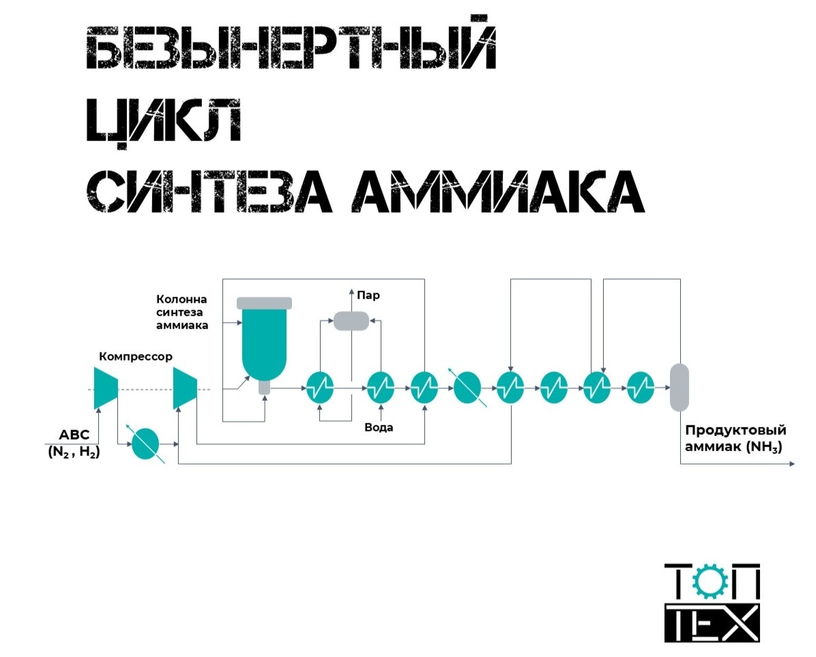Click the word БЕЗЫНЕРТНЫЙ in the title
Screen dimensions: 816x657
pos(291,48)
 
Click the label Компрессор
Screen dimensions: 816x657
pos(136,356)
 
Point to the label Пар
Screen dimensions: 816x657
pos(369,296)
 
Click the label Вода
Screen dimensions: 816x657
pos(379,427)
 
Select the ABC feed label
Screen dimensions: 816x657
pos(74,434)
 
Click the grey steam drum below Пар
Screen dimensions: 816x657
pos(351,320)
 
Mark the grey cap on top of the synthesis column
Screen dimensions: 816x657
pos(263,303)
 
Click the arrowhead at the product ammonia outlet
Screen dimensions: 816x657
pos(791,464)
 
